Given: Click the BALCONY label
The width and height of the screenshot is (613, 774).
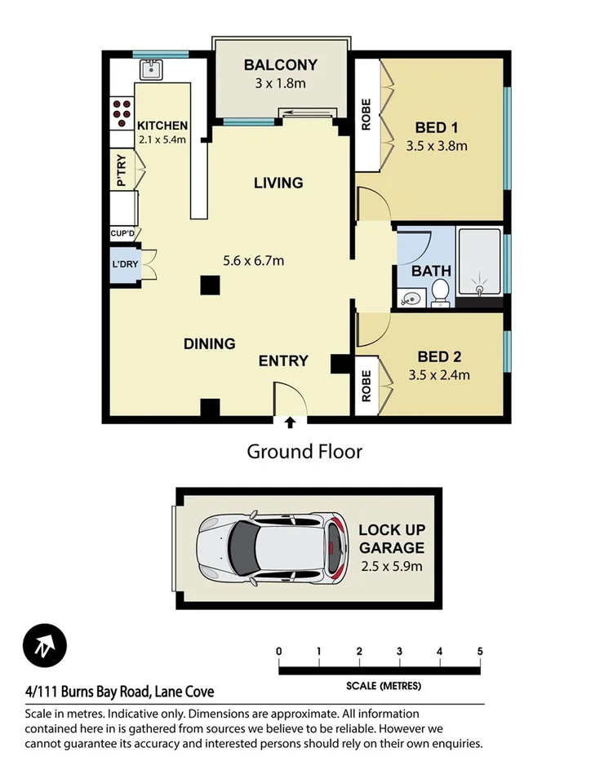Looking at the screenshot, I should pyautogui.click(x=280, y=65).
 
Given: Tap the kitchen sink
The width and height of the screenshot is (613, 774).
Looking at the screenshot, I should pyautogui.click(x=151, y=71).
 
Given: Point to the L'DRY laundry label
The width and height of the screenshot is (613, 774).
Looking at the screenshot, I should pyautogui.click(x=124, y=266).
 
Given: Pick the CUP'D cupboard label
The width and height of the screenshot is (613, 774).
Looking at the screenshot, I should pyautogui.click(x=122, y=233).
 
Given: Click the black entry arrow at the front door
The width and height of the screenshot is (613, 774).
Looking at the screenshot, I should pyautogui.click(x=289, y=422).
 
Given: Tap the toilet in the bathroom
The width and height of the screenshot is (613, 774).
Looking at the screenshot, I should pyautogui.click(x=439, y=291).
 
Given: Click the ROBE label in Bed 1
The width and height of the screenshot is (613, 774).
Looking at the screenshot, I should pyautogui.click(x=366, y=114).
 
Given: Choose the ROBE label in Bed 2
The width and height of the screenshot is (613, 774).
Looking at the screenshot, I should pyautogui.click(x=366, y=385).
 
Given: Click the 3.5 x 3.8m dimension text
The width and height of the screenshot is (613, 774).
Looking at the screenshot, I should pyautogui.click(x=436, y=147).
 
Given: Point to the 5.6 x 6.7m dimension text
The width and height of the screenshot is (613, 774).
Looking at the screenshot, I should pyautogui.click(x=253, y=261).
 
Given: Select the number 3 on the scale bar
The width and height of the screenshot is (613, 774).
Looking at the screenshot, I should pyautogui.click(x=399, y=651).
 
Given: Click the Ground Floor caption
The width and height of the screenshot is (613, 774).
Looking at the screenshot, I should pyautogui.click(x=304, y=451).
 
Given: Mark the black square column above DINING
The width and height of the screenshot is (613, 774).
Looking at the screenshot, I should pyautogui.click(x=211, y=285).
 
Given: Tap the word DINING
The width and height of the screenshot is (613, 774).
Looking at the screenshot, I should pyautogui.click(x=209, y=344).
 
